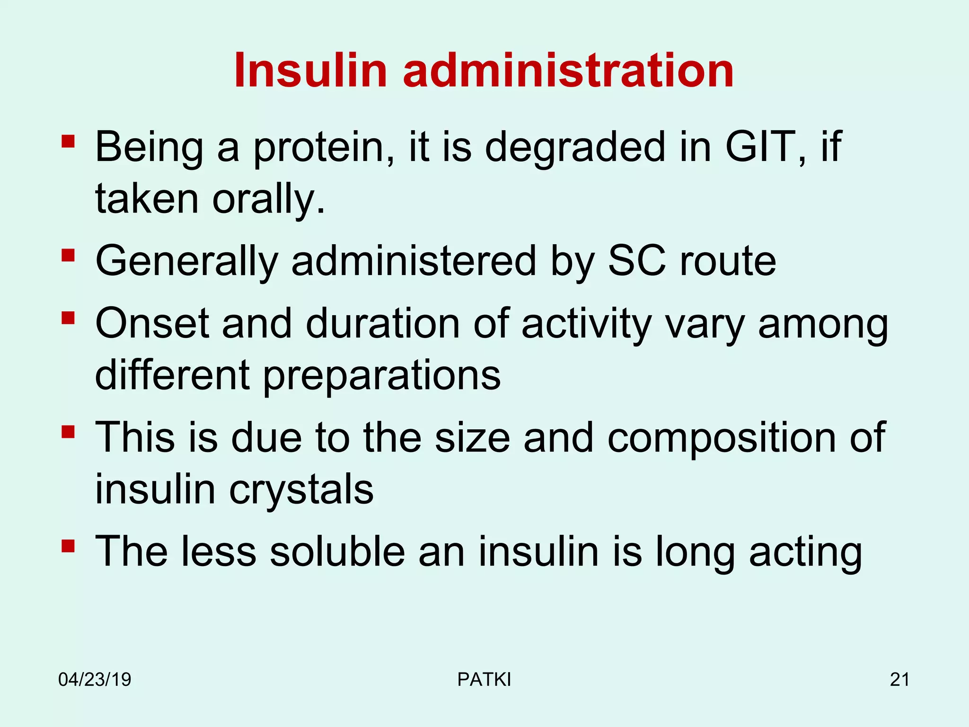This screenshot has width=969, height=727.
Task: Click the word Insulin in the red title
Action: tap(310, 71)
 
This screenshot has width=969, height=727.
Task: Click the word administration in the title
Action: tap(568, 71)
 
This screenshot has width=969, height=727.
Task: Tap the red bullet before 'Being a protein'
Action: tap(68, 142)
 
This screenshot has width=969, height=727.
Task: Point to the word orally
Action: tap(268, 199)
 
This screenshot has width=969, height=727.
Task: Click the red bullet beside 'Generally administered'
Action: tap(68, 256)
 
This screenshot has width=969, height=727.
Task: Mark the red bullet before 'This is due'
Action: tap(68, 432)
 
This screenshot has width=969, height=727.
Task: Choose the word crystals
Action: tap(301, 489)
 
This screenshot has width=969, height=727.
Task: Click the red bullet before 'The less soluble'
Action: tap(68, 546)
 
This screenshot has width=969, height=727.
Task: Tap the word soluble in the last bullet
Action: tap(337, 551)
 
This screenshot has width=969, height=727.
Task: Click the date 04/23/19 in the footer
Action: tap(95, 680)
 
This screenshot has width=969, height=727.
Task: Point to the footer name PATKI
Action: tap(484, 680)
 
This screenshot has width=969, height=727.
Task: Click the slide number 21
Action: tap(899, 680)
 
